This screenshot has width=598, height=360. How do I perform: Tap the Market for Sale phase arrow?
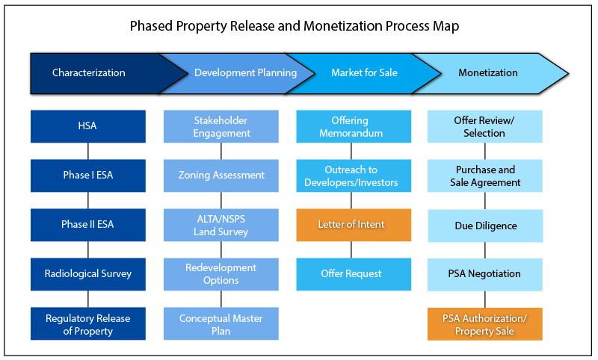(x=364, y=73)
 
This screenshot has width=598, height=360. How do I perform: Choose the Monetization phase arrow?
(x=488, y=73)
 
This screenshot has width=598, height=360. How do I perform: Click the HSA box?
(x=88, y=126)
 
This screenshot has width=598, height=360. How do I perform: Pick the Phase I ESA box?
(x=88, y=176)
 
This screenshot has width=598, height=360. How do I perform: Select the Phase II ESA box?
(x=88, y=225)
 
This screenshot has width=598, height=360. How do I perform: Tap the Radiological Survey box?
(x=88, y=274)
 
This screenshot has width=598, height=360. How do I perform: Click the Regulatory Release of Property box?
(x=88, y=323)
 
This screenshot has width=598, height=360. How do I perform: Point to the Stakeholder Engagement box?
(x=221, y=126)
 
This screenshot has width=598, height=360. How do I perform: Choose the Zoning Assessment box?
(x=221, y=176)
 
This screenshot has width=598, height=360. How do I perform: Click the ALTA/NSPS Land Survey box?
(x=221, y=225)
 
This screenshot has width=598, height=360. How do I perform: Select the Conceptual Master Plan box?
(x=221, y=323)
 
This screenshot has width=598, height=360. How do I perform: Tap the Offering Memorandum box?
(x=354, y=126)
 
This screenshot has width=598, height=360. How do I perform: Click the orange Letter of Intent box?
(x=354, y=225)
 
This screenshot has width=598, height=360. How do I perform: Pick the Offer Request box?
(x=354, y=274)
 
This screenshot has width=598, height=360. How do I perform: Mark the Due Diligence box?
(x=485, y=225)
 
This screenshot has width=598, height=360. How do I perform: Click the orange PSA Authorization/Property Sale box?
(x=485, y=323)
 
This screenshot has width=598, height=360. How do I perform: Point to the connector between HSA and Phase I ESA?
(x=88, y=151)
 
